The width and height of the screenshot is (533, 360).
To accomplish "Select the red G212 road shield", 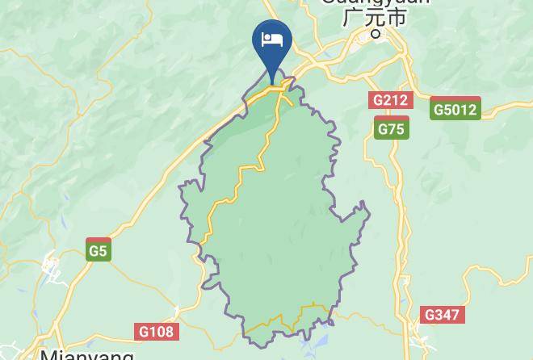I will coord(391,100).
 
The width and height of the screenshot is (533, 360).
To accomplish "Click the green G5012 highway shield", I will coord(455,110).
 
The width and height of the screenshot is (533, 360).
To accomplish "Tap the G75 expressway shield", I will coord(392,128).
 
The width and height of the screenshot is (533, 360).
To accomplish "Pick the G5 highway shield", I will coord(98,251).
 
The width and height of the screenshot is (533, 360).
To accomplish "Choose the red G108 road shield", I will coord(157,331).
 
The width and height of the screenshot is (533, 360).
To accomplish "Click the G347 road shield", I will coord(443,314).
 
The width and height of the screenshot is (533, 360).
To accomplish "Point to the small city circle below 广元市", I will coord(376,34).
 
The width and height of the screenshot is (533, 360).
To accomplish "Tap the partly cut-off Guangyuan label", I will coord(376,2).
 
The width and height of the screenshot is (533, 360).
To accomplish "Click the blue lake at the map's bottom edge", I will coord(311,349).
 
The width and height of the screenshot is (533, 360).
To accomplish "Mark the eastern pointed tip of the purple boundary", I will coord(369,212).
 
